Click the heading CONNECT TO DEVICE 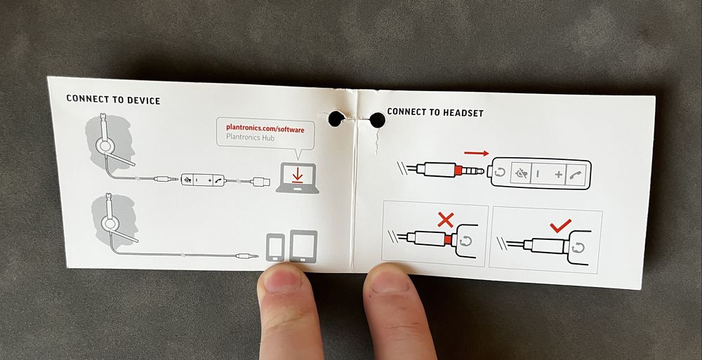[113, 100]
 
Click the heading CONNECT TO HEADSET [435, 112]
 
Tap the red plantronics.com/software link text [265, 129]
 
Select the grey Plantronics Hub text [251, 138]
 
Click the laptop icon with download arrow [298, 178]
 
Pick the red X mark [445, 220]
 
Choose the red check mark [560, 225]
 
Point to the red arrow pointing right [477, 153]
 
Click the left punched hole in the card [336, 119]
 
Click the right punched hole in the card [378, 119]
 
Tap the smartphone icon [275, 247]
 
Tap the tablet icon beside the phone [303, 246]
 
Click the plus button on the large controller [558, 175]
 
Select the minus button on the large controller [538, 173]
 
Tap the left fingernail [282, 280]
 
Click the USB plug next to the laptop [260, 182]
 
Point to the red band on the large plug [458, 170]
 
